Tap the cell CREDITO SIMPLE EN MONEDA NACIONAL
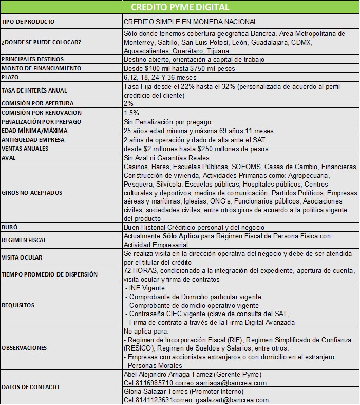[191, 22]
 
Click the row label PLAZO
[11, 77]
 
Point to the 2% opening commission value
[128, 103]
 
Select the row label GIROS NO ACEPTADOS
[32, 193]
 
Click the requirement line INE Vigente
[147, 288]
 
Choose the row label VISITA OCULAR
[22, 257]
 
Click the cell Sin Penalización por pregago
[167, 122]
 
